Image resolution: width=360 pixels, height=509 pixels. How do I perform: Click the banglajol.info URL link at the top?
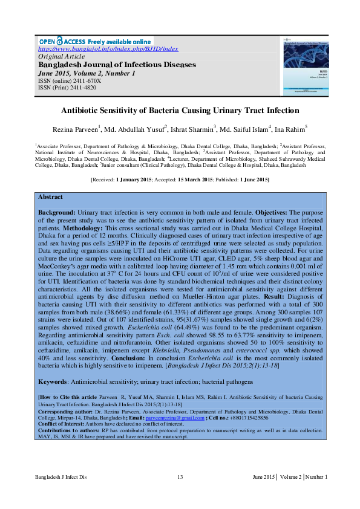coord(108,48)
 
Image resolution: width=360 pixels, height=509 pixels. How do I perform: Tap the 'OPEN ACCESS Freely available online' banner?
coord(95,41)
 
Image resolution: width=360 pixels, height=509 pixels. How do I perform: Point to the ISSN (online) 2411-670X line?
coord(70,80)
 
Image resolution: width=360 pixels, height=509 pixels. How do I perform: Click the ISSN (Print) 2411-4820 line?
coord(67,88)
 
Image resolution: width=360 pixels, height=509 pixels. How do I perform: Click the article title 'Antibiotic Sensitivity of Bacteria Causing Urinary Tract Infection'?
coord(180,111)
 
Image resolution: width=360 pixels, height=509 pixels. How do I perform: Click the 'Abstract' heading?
coord(50,197)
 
